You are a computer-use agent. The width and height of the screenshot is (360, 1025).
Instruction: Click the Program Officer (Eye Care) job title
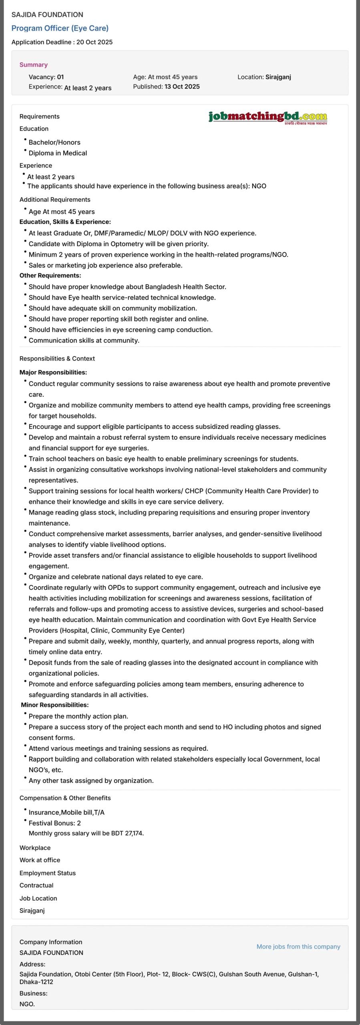pos(60,28)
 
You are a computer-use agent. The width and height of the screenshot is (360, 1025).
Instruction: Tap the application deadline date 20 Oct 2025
pos(94,42)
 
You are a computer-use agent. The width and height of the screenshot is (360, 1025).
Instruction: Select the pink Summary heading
pos(34,64)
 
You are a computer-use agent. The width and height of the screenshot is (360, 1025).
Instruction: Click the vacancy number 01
pos(60,77)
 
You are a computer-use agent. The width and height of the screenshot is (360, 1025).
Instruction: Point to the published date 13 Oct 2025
pos(182,86)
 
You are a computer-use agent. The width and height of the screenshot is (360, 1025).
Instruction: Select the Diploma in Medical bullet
pos(58,153)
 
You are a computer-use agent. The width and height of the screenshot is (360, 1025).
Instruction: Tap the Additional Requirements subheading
pos(55,199)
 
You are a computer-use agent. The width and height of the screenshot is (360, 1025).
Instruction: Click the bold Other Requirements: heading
pos(50,275)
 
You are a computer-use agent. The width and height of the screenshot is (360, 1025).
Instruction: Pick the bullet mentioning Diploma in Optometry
pos(119,244)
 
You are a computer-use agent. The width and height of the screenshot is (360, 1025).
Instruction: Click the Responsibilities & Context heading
pos(57,358)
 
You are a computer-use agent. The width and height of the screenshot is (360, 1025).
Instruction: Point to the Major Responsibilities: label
pos(53,372)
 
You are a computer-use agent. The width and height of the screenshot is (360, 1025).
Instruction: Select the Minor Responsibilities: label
pos(54,705)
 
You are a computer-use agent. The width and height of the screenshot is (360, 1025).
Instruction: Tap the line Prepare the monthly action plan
pos(78,716)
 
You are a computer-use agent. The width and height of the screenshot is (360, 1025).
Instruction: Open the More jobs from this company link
pos(298,947)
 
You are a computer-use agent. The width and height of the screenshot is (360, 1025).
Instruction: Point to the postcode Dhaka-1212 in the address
pos(36,982)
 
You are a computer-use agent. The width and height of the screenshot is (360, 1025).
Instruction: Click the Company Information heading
pos(51,942)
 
